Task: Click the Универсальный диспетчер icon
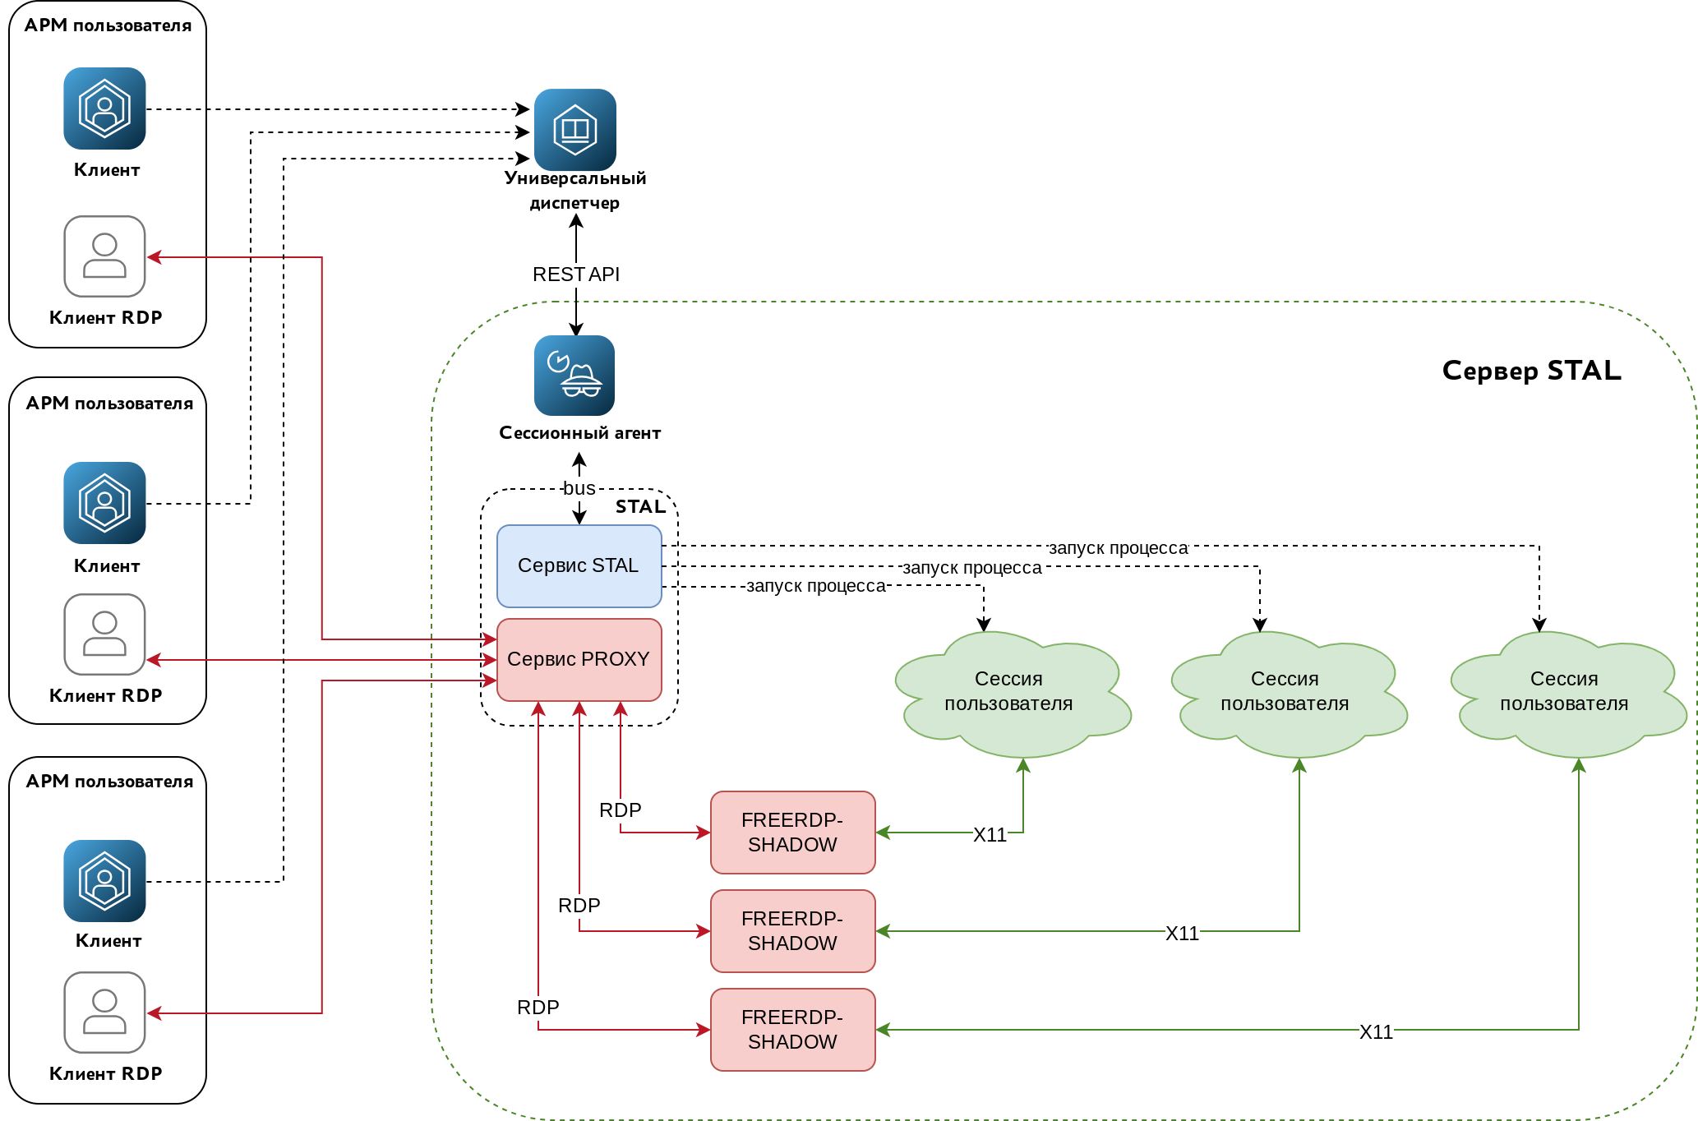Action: coord(574,130)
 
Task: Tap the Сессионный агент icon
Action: coord(574,376)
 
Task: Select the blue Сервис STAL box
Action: coord(579,565)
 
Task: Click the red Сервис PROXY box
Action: coord(579,659)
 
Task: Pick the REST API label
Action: coord(575,274)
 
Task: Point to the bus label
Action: coord(579,488)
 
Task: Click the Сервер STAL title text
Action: coord(1531,371)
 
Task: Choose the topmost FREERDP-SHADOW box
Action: coord(792,832)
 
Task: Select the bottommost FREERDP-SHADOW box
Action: coord(792,1029)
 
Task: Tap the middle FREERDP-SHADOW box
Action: coord(792,930)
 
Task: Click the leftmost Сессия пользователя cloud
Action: coord(1009,692)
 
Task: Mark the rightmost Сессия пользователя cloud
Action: coord(1564,692)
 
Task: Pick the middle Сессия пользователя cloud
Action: coord(1285,692)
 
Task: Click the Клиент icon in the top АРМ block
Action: coord(104,108)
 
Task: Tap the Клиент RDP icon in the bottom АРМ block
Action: coord(104,1013)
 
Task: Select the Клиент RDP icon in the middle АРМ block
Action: coord(104,634)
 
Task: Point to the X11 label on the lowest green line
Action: coord(1376,1031)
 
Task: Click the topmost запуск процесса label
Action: coord(1118,548)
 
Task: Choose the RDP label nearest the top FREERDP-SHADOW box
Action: coord(620,810)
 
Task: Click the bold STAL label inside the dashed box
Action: coord(640,506)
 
